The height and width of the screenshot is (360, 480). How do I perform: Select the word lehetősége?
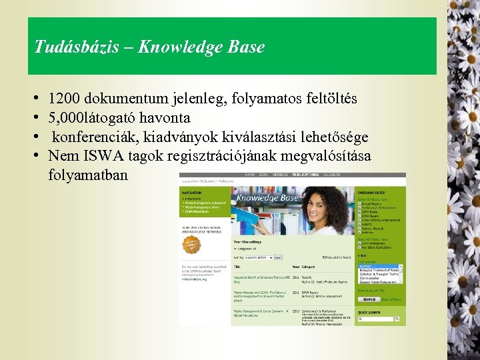click(x=332, y=137)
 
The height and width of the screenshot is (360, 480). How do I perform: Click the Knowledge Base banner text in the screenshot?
click(x=267, y=198)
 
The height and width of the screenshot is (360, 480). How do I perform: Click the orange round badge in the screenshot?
click(x=191, y=245)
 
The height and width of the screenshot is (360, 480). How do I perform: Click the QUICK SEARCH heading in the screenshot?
click(x=370, y=311)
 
